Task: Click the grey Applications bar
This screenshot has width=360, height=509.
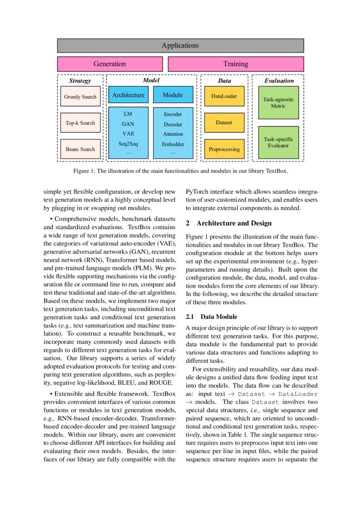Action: [180, 45]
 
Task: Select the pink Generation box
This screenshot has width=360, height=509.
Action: [110, 64]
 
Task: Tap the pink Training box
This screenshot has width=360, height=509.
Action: [236, 64]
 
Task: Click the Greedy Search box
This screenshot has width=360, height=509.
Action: [80, 97]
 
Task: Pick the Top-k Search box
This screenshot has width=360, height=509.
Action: [80, 123]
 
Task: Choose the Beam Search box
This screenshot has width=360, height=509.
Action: [80, 149]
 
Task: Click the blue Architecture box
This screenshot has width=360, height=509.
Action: [128, 95]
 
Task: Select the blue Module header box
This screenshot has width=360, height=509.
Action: [173, 95]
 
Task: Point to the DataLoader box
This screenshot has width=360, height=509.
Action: [224, 96]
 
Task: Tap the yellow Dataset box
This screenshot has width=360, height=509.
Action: [224, 123]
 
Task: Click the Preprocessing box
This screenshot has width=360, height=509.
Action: [224, 149]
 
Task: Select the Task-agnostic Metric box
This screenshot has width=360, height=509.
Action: [278, 102]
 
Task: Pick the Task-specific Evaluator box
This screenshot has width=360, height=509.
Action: [278, 142]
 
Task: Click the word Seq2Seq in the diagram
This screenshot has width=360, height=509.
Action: [128, 143]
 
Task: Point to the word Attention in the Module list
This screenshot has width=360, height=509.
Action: [173, 134]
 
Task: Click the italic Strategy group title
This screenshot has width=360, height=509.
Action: [80, 81]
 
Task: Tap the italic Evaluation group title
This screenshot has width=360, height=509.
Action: [279, 81]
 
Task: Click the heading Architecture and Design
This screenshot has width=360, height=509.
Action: [234, 223]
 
